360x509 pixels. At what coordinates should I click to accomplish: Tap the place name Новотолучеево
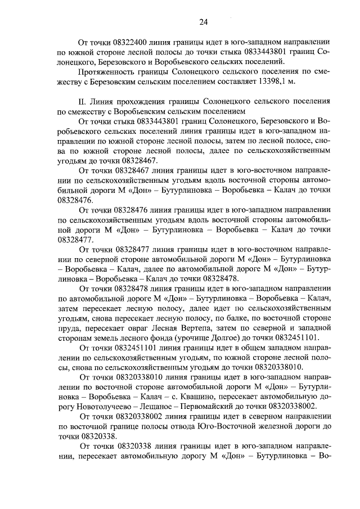[96, 406]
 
